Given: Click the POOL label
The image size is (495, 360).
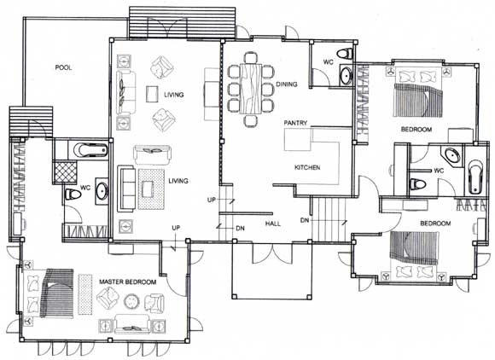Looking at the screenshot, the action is [63, 67].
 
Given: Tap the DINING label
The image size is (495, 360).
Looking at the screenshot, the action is [287, 84].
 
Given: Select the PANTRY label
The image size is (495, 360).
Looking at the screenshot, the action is [295, 123].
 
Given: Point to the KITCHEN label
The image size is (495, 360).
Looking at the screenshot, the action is [307, 167].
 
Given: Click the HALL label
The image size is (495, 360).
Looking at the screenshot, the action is [273, 224].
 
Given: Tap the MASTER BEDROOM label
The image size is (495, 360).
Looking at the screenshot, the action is [127, 282].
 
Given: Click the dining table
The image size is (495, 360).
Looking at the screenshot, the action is [251, 89].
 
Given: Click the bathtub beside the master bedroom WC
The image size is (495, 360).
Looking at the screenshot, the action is [91, 150].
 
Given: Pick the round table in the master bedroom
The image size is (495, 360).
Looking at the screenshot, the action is [131, 302].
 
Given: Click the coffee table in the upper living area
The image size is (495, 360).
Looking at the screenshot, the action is [152, 94].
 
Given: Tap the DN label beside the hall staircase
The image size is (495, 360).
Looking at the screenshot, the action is [305, 220].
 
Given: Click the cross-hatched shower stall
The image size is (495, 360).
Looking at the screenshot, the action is [65, 172].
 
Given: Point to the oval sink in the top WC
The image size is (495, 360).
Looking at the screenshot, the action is [346, 75].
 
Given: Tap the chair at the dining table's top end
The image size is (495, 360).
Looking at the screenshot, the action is [251, 57].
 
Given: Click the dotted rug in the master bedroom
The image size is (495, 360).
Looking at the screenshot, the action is [84, 294].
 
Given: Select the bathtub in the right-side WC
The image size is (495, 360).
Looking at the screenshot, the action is [475, 177].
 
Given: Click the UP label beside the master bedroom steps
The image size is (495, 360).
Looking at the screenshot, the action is [176, 228].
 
